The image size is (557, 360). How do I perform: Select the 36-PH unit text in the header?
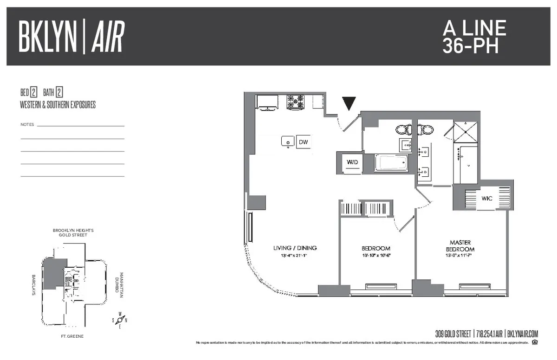coord(470,46)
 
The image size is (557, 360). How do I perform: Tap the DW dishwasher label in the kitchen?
coord(303,142)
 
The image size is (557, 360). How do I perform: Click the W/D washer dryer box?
coord(353,162)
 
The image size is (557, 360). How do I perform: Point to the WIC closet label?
coord(486,198)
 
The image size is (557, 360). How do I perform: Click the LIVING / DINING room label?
coord(295,248)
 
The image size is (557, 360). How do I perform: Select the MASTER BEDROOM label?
coord(460,246)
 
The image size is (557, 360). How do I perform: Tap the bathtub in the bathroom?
coord(391,163)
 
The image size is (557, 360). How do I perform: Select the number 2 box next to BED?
coord(34,92)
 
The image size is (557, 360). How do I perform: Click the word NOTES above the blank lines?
coord(27,125)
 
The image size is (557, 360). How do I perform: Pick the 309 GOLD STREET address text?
coord(454,334)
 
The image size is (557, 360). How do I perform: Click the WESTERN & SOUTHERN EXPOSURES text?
coord(58,105)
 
